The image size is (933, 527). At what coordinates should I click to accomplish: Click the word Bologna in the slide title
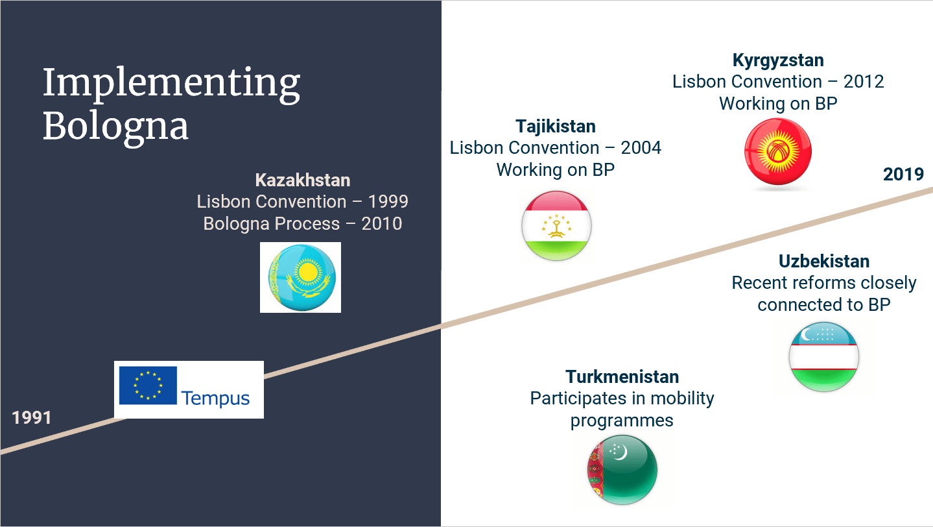tap(115, 127)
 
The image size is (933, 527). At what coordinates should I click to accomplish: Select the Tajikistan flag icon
tap(556, 227)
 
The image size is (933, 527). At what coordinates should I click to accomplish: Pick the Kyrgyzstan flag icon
tap(778, 154)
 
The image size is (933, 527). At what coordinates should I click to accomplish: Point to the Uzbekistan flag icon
tap(823, 356)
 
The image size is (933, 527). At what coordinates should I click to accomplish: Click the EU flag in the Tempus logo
tap(148, 385)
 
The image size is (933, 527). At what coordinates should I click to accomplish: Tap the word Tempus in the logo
tap(215, 398)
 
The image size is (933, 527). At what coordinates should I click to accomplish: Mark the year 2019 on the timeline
tap(903, 175)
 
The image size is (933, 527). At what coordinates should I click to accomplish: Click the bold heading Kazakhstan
tap(302, 180)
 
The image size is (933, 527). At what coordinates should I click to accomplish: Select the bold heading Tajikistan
tap(556, 126)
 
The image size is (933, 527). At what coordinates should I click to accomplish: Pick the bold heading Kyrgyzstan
tap(778, 60)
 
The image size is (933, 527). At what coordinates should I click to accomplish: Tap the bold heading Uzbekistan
tap(823, 262)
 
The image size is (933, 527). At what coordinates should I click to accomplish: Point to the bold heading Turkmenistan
tap(622, 377)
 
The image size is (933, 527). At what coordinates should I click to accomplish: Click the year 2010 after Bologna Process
tap(382, 224)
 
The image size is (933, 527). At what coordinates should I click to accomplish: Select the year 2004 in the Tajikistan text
tap(641, 148)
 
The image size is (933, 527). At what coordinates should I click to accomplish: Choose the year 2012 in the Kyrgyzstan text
tap(864, 82)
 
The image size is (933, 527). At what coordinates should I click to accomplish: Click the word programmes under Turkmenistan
tap(622, 421)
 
